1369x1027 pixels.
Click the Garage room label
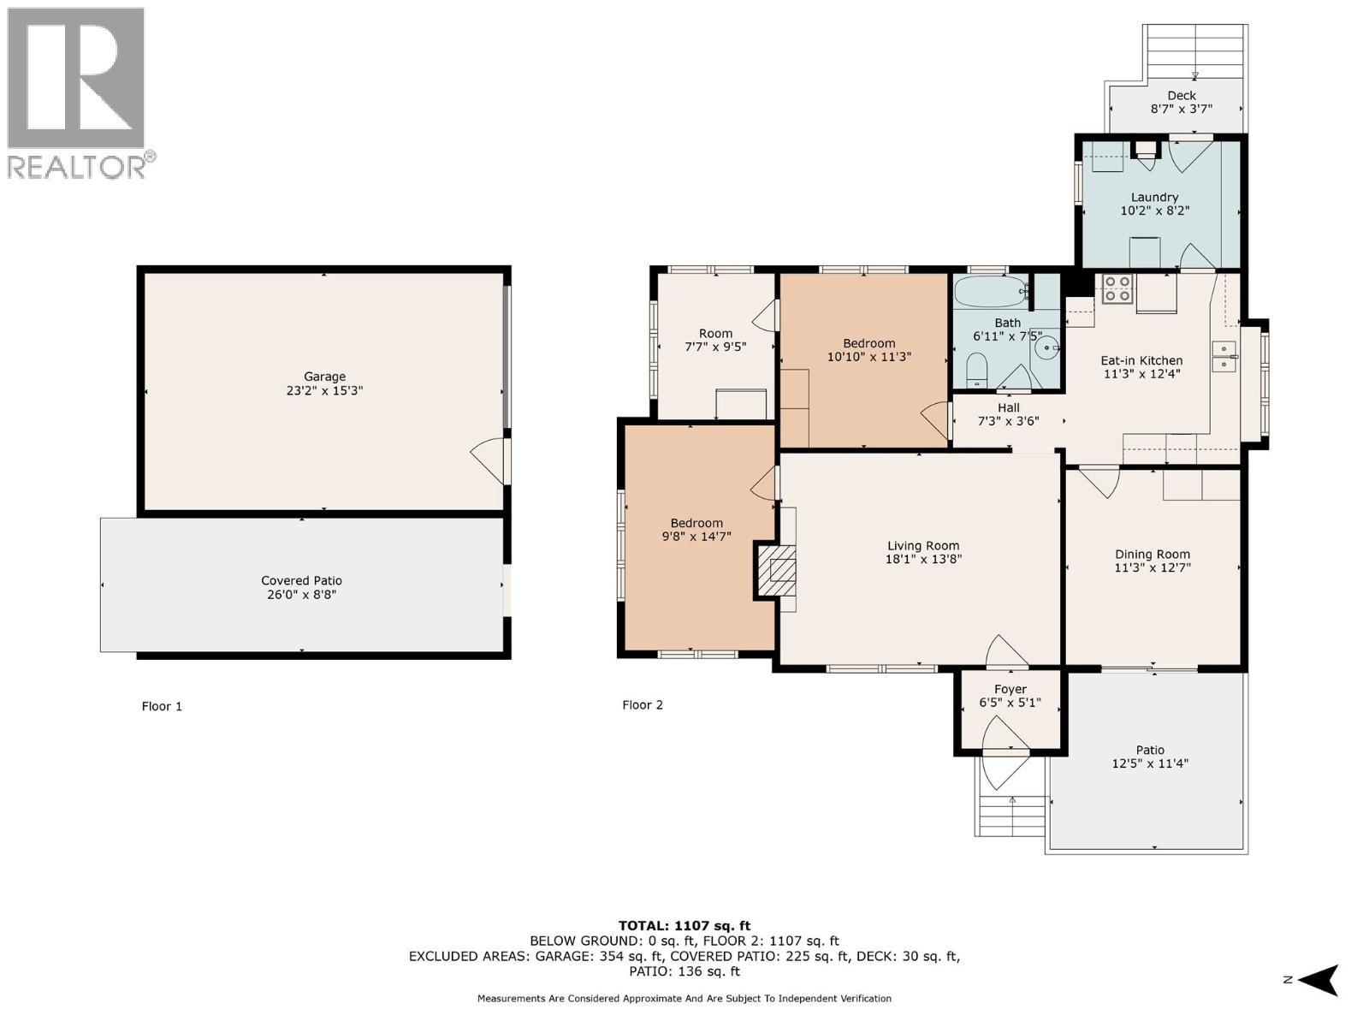point(325,377)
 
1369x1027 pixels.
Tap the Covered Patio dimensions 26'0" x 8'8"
point(301,594)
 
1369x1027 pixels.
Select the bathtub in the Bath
point(991,292)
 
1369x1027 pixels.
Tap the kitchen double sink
point(1224,356)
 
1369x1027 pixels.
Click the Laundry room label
point(1154,197)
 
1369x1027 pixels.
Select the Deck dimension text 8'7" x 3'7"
point(1181,110)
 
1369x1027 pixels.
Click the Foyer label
point(1010,689)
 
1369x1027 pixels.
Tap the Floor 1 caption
point(162,706)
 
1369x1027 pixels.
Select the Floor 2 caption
point(642,705)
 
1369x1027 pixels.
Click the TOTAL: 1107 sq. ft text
point(684,925)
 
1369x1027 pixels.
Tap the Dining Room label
point(1152,554)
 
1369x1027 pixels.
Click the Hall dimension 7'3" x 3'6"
point(1008,421)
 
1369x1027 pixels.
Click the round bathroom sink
point(1047,348)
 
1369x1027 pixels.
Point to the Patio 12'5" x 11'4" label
point(1150,757)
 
